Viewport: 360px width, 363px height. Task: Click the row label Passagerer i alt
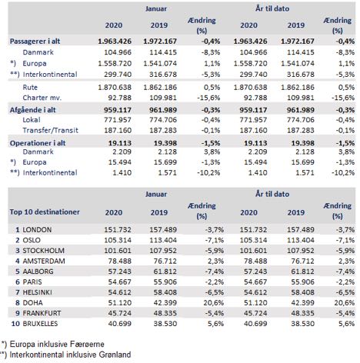click(x=35, y=42)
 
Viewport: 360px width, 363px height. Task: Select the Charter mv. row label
click(x=42, y=98)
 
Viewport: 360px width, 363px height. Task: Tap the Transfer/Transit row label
click(x=50, y=130)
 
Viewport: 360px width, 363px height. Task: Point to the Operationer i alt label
click(x=38, y=143)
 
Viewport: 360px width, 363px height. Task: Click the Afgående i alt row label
click(x=32, y=110)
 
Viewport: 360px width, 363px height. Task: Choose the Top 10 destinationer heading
click(x=45, y=212)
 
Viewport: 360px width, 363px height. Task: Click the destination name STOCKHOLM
click(x=44, y=251)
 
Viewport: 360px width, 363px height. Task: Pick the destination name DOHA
click(x=33, y=303)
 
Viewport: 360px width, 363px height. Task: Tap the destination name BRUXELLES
click(x=40, y=324)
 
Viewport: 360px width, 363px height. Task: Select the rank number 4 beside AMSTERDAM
click(x=18, y=261)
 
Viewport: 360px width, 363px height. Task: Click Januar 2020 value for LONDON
click(x=118, y=230)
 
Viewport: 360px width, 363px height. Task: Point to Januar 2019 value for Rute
click(x=160, y=88)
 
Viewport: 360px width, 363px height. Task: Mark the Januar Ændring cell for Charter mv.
click(x=208, y=98)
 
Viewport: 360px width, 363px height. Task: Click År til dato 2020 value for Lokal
click(x=253, y=120)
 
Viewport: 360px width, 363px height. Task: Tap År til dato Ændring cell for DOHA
click(x=345, y=303)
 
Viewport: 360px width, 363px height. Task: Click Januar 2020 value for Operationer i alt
click(x=120, y=143)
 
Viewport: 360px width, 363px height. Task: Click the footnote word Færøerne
click(x=88, y=344)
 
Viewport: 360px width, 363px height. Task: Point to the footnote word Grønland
click(x=115, y=355)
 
